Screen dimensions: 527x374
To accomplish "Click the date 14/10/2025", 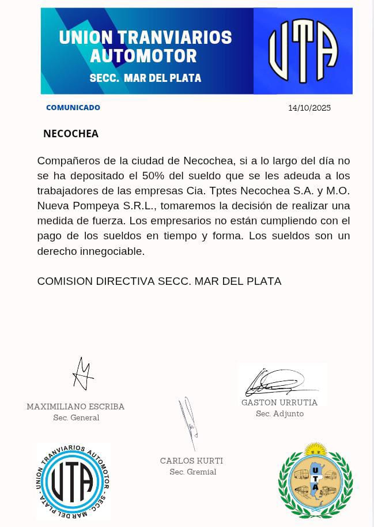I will coord(309,108).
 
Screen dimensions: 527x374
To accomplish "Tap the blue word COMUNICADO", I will coord(73,107).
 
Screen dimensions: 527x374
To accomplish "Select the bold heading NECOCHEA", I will coord(71,134).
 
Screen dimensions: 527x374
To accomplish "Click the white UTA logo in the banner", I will coord(303,51).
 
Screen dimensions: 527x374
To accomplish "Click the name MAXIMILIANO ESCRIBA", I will coord(75,406).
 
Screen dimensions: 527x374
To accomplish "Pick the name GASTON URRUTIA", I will coord(279,402).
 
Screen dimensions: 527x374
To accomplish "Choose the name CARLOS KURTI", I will coord(191,461).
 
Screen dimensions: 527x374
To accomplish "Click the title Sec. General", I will coord(76,417).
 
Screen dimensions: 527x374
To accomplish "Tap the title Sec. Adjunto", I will coord(279,413).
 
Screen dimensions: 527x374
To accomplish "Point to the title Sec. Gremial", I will coord(192,472).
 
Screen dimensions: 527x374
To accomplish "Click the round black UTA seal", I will coord(73,481).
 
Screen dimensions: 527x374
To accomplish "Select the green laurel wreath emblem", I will coord(315,481).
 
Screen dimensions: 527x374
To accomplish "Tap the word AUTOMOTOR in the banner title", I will coord(143,56).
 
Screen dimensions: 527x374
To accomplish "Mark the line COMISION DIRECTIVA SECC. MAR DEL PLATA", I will coord(159,281).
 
